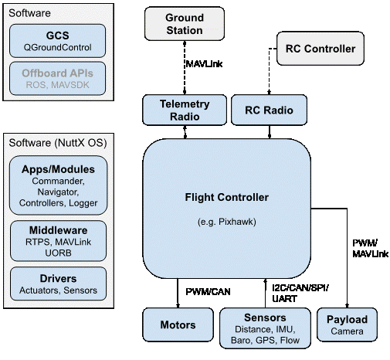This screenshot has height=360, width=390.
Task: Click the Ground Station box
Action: [x=185, y=24]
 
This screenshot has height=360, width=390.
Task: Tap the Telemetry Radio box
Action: [x=185, y=110]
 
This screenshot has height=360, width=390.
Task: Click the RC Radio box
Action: [x=268, y=110]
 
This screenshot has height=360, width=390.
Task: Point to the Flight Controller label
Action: [x=227, y=197]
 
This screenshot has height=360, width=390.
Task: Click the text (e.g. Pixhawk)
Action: [x=227, y=222]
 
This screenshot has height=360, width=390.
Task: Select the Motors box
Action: [x=178, y=324]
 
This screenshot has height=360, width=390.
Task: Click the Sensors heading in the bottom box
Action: [x=264, y=318]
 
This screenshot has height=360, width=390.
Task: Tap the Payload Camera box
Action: [x=347, y=324]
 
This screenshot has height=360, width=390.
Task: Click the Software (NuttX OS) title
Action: [x=57, y=144]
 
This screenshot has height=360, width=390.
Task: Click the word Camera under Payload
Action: [x=347, y=331]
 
